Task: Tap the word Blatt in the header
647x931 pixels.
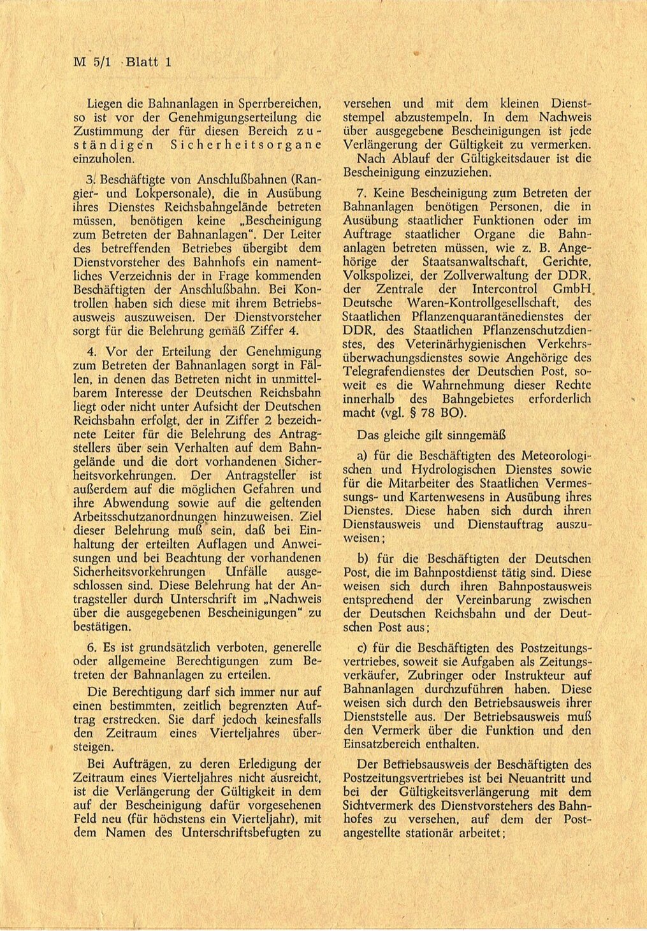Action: click(x=141, y=62)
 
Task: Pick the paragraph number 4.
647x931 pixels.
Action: click(x=92, y=351)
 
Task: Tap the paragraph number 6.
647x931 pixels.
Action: click(x=92, y=647)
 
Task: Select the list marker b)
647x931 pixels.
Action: click(x=364, y=558)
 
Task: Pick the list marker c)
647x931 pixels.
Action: click(x=363, y=649)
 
